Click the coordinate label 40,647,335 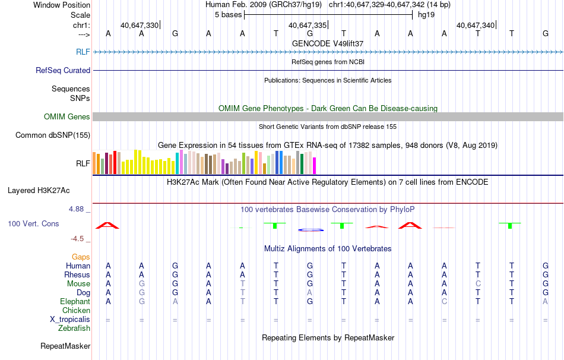click(x=307, y=26)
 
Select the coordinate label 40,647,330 click(x=139, y=26)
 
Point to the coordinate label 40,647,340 click(x=475, y=26)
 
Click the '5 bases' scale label click(x=228, y=14)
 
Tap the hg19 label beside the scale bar click(x=426, y=14)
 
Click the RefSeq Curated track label click(x=63, y=70)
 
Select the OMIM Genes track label click(x=67, y=117)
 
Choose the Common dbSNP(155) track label click(x=52, y=135)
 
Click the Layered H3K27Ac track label click(x=39, y=191)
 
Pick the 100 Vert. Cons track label click(x=34, y=224)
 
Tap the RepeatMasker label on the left click(x=65, y=346)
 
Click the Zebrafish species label click(x=74, y=328)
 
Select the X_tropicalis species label click(x=70, y=319)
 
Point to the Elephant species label click(x=75, y=301)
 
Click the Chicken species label click(x=76, y=310)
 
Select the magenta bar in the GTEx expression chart click(x=315, y=166)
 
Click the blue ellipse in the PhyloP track click(x=310, y=229)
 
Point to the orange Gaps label click(x=81, y=257)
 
